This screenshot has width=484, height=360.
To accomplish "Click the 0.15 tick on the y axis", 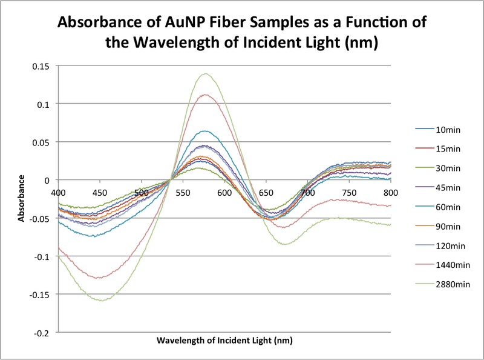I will pyautogui.click(x=43, y=65).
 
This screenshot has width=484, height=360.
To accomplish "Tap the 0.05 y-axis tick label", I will pyautogui.click(x=43, y=142).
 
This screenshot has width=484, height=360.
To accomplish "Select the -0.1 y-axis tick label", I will pyautogui.click(x=44, y=256).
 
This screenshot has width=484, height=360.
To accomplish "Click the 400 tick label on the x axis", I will pyautogui.click(x=58, y=192).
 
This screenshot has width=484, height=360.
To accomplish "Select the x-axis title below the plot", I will pyautogui.click(x=224, y=341).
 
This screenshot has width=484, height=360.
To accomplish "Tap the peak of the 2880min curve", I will pyautogui.click(x=206, y=74).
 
